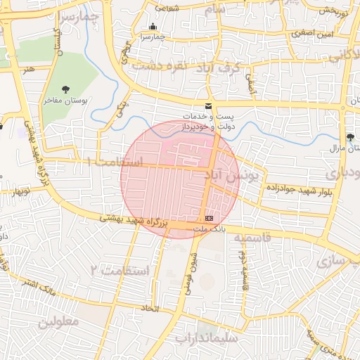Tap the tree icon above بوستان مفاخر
pyautogui.click(x=65, y=89)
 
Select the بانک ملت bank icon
pyautogui.click(x=209, y=219)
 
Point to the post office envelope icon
pyautogui.click(x=207, y=105)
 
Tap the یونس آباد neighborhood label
pyautogui.click(x=232, y=173)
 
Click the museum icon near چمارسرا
pyautogui.click(x=153, y=27)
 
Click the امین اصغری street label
pyautogui.click(x=310, y=33)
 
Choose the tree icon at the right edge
pyautogui.click(x=351, y=136)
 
